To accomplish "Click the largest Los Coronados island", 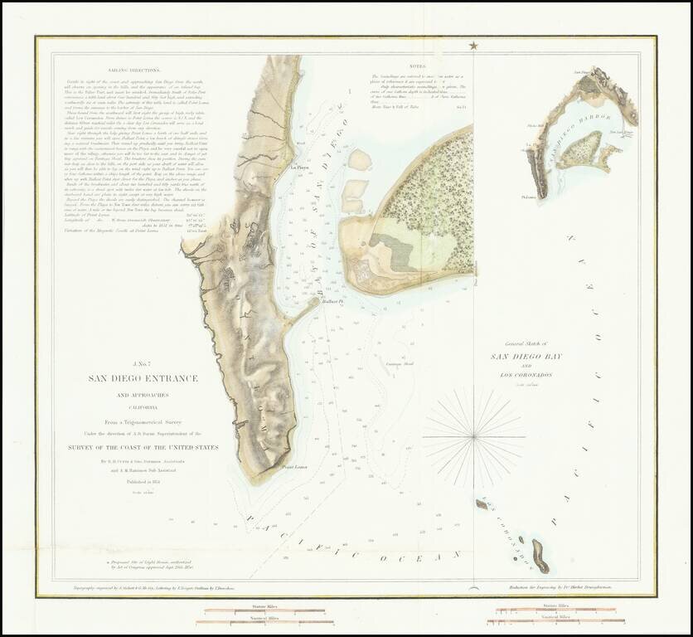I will [540, 556].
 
